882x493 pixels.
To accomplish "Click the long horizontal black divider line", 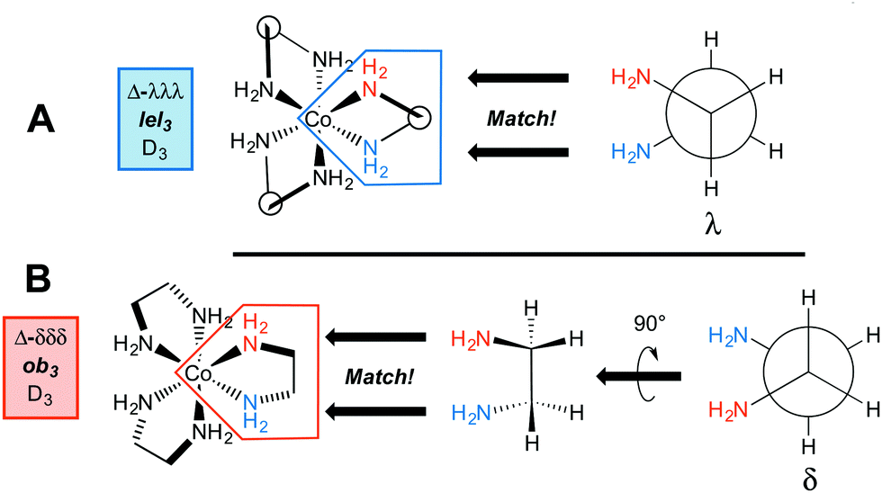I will point(517,255).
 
